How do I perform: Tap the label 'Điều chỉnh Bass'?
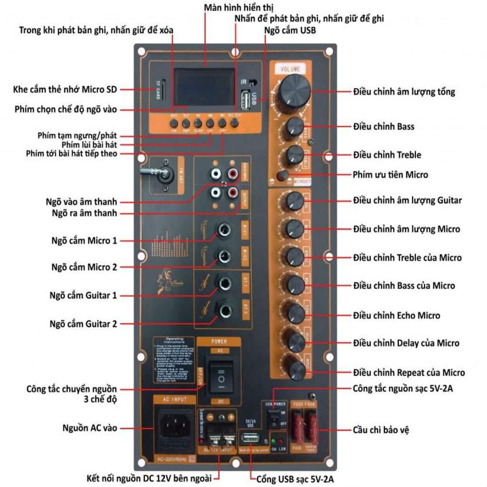383,127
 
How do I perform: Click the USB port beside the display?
247,100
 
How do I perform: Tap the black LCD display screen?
204,88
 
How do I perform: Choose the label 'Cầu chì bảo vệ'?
381,430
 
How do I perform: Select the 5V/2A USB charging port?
250,438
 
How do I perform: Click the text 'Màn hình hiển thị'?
239,8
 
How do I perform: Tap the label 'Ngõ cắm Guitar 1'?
83,296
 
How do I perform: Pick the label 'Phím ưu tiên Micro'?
391,175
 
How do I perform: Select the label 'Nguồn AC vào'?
90,428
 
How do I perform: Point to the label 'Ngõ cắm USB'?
290,30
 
